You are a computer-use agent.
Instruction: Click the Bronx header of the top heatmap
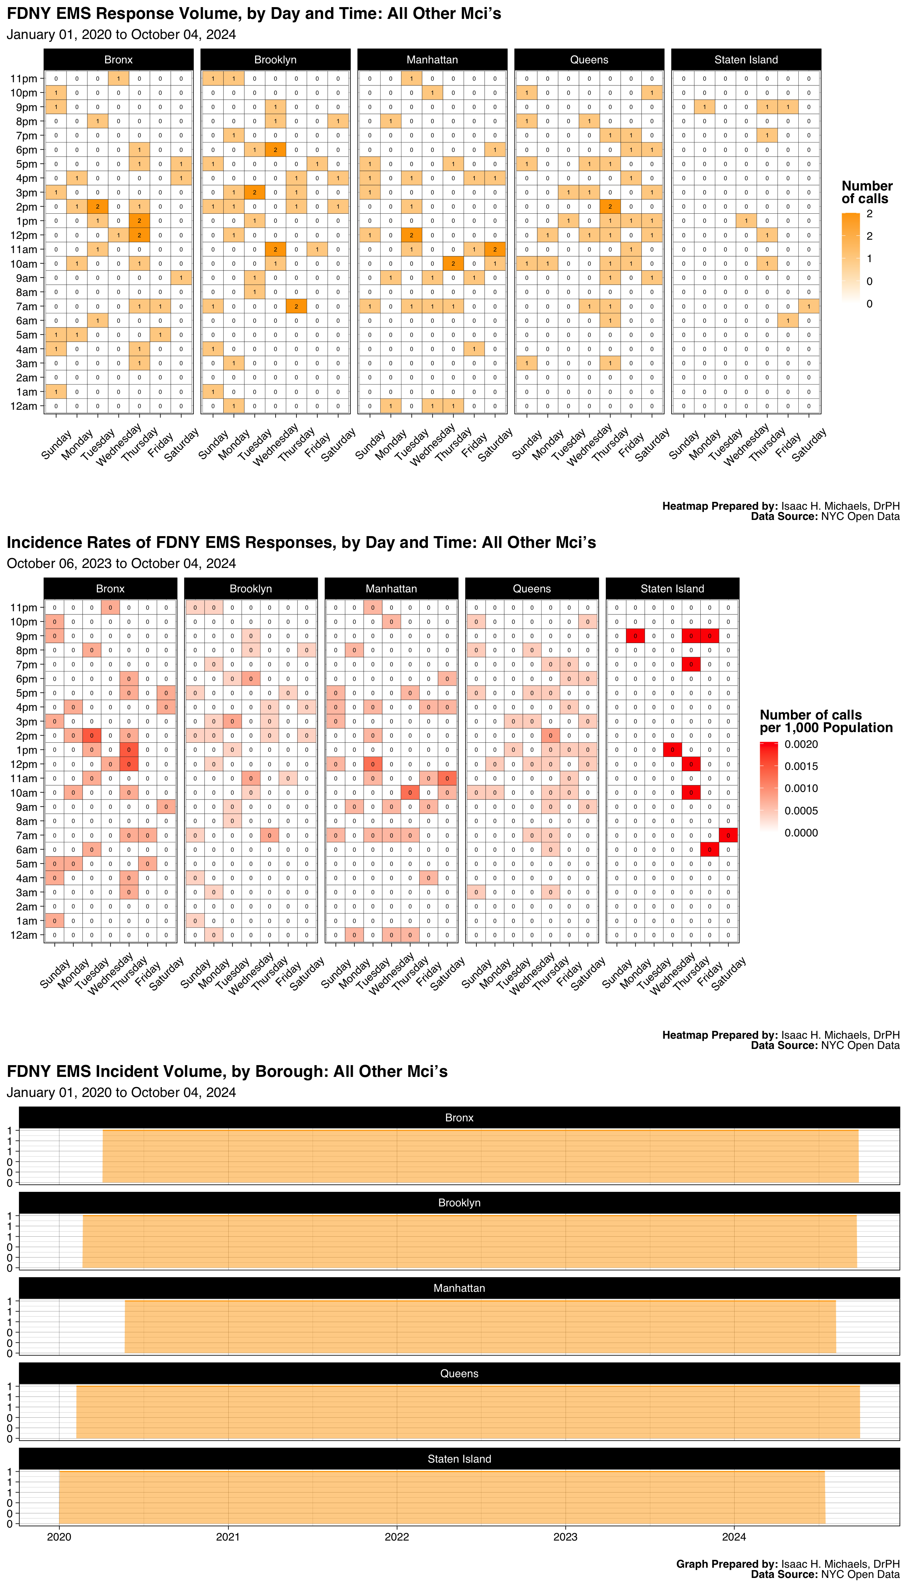click(118, 60)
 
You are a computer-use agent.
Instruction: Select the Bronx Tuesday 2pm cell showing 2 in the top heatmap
click(98, 207)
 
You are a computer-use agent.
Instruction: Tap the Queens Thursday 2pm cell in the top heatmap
click(610, 207)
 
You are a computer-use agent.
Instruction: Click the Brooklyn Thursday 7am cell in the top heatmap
click(296, 307)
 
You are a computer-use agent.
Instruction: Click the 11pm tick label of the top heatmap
click(24, 78)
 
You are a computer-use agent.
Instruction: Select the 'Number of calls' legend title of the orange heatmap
click(866, 192)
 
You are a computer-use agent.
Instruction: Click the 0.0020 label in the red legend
click(801, 744)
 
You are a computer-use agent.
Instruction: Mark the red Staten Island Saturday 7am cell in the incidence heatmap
click(728, 835)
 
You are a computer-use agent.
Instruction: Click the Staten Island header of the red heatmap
click(672, 588)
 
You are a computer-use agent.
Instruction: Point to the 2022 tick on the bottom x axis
click(397, 1537)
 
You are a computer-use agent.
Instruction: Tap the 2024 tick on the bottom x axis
click(734, 1537)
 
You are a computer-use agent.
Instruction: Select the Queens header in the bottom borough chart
click(459, 1373)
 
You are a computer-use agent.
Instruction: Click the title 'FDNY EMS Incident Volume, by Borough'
click(228, 1071)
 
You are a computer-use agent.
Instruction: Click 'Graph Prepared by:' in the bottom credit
click(726, 1564)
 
